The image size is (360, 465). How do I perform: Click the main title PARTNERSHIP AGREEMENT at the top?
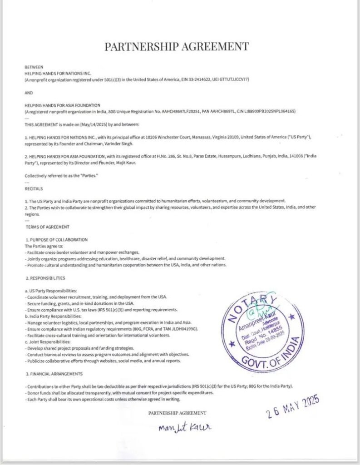pos(177,46)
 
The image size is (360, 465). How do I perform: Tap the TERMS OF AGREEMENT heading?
pos(48,227)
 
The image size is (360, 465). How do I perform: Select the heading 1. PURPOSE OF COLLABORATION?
pos(57,239)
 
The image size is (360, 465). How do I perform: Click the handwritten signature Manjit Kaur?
pos(184,427)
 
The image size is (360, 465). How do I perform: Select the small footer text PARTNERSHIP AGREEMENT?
pos(177,413)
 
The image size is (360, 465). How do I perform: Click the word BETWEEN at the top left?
pos(34,67)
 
